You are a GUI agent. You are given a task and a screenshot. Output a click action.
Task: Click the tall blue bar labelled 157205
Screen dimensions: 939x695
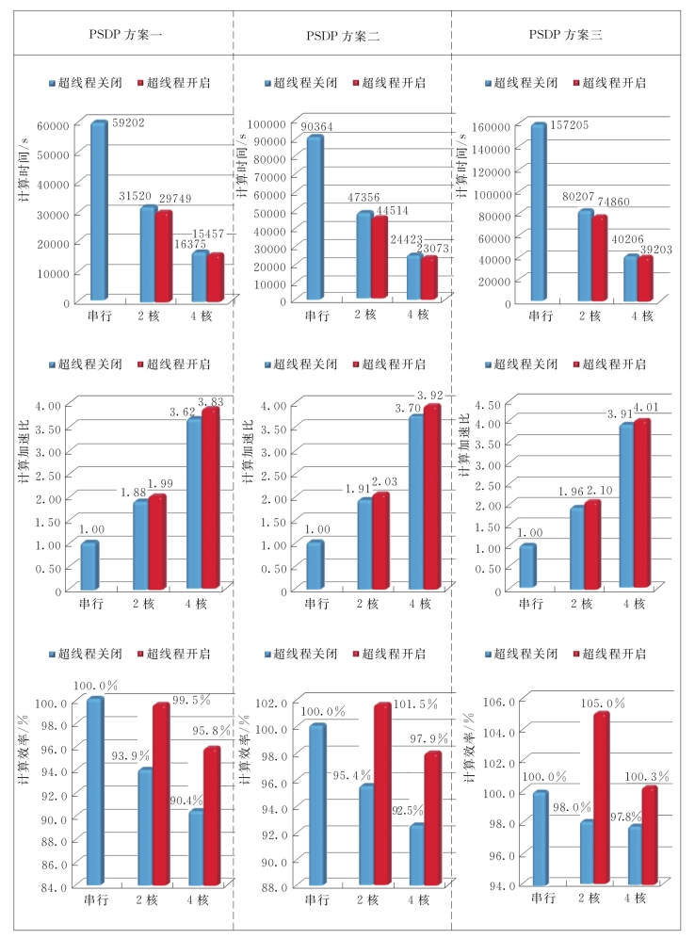[538, 212]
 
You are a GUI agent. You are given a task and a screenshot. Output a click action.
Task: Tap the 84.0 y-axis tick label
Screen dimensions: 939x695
[53, 886]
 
